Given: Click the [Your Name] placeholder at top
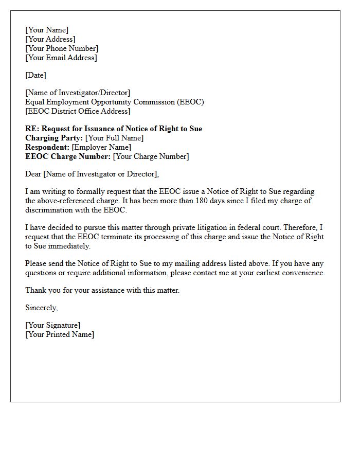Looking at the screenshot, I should click(47, 30).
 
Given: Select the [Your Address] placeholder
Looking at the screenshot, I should click(50, 39).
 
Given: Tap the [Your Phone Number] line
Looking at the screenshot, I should click(62, 48).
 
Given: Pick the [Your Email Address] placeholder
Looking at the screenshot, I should click(61, 58).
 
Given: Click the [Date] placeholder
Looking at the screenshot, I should click(35, 75).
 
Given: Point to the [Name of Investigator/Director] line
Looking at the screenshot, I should click(78, 93).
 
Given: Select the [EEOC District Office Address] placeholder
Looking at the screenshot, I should click(78, 111).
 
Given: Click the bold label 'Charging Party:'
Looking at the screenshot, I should click(54, 138).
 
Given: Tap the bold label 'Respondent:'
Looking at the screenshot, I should click(47, 147).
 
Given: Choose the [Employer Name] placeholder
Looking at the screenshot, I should click(101, 147).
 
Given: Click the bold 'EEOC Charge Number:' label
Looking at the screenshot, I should click(68, 156).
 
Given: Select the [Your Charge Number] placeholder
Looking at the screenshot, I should click(151, 156).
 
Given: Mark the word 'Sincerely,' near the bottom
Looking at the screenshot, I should click(42, 308).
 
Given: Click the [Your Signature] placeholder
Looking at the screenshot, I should click(53, 325).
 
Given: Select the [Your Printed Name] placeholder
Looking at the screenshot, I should click(60, 334).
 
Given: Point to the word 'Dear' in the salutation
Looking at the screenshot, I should click(33, 174).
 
